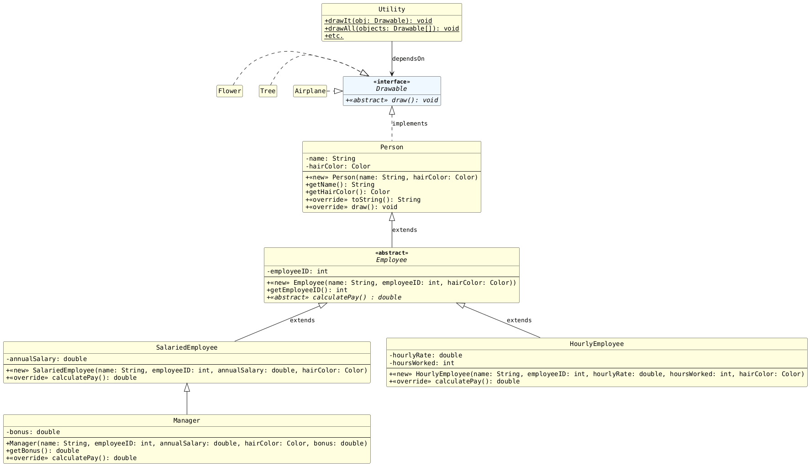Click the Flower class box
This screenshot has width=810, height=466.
point(229,91)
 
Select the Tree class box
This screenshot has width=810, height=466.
point(268,91)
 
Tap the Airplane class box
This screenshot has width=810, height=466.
point(310,91)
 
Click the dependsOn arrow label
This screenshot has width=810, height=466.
point(408,59)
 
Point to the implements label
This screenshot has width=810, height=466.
point(410,124)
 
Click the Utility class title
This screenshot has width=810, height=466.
point(391,10)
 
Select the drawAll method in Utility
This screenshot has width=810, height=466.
point(391,28)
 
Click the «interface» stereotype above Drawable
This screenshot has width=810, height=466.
point(391,82)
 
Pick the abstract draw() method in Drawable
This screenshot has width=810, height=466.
point(391,100)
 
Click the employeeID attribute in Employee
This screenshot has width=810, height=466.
point(297,272)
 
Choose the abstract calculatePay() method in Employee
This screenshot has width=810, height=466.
point(334,298)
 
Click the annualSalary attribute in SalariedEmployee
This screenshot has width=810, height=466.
point(47,359)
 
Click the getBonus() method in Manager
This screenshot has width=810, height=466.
point(42,451)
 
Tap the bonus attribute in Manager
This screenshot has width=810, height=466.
point(33,432)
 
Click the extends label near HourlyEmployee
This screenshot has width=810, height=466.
point(519,320)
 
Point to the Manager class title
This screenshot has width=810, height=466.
point(186,421)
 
